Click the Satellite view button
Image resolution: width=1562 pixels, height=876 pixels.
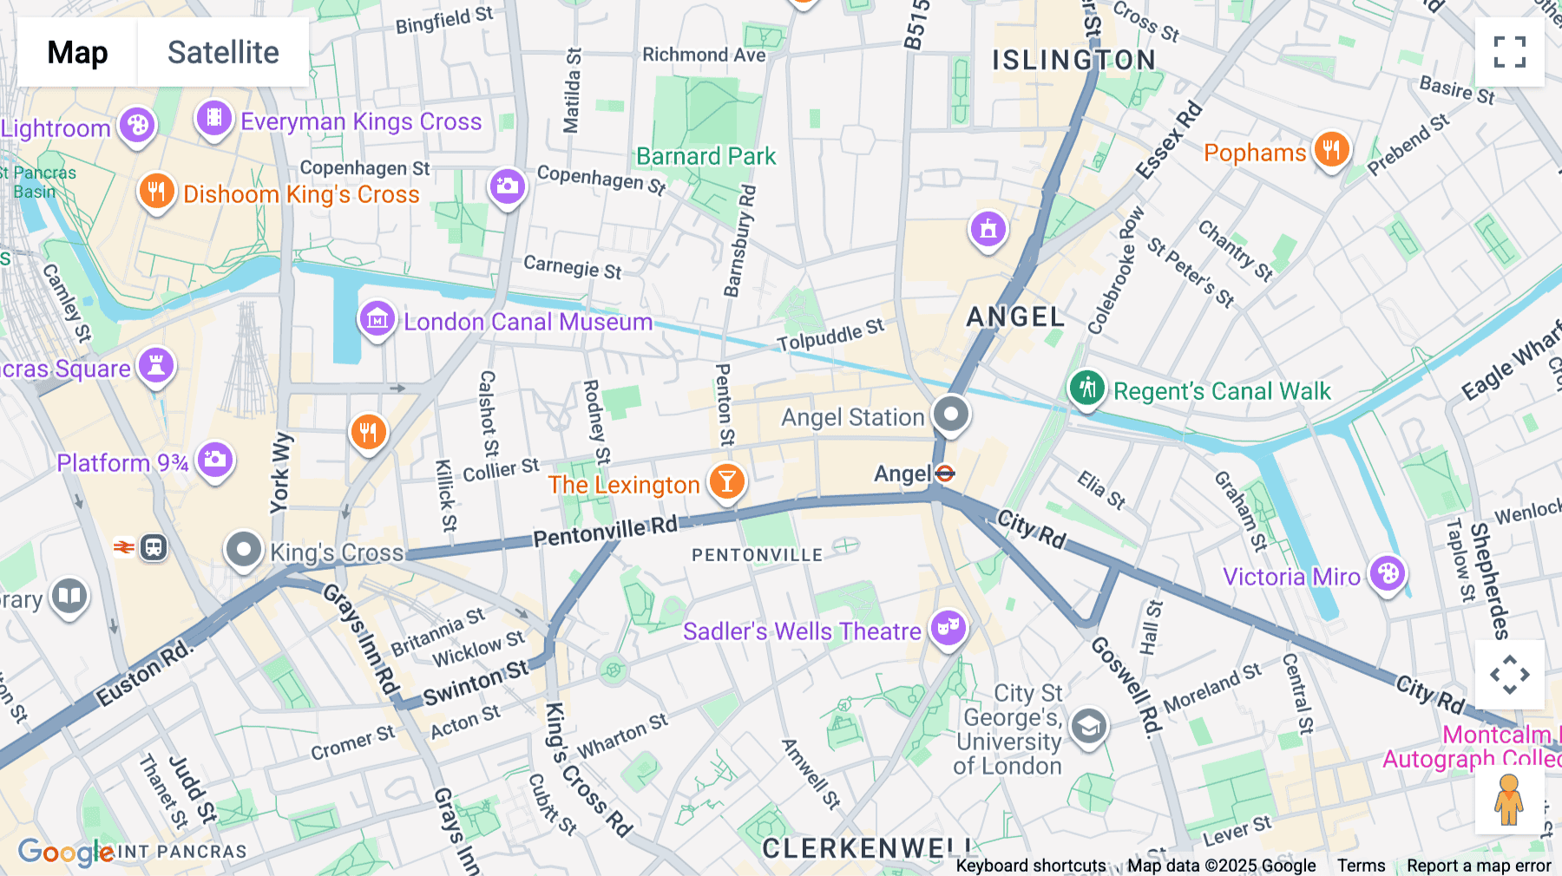(223, 52)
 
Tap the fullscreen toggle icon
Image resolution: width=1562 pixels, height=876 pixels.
(1509, 52)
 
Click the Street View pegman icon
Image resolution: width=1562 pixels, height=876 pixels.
(1509, 800)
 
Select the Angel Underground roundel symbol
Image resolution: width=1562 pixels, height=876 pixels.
(945, 474)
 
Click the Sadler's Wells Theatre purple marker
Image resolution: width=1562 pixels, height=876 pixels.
(948, 629)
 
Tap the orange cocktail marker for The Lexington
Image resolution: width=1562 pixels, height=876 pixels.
(727, 481)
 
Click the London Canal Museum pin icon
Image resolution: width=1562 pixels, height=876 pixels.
(377, 320)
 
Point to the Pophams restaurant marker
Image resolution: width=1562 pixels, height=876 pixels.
(1331, 150)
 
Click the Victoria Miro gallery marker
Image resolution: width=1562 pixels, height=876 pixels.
(1387, 574)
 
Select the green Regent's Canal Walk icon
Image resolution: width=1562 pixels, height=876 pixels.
(1086, 388)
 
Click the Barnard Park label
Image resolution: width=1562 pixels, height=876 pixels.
(706, 156)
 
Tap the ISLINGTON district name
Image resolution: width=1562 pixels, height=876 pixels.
(1073, 60)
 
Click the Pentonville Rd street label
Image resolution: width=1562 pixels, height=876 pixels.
(605, 531)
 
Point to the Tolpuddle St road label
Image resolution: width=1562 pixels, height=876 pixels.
(830, 336)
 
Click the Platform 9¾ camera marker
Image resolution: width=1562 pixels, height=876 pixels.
(214, 460)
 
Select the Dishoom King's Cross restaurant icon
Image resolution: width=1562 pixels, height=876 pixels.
(156, 192)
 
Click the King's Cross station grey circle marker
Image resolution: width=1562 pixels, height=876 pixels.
(244, 550)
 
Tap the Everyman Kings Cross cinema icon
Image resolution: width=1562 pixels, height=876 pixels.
(214, 118)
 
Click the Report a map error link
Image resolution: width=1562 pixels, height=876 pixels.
(1479, 866)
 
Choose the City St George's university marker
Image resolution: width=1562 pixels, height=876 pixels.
(1088, 727)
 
